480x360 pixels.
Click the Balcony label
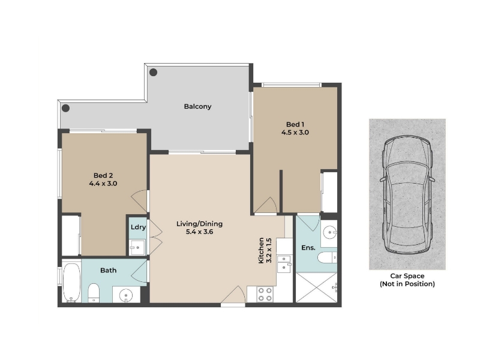click(x=197, y=107)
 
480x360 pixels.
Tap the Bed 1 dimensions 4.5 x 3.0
click(x=295, y=133)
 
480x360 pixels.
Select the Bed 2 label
click(x=103, y=175)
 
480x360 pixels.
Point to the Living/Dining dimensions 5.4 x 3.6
click(x=199, y=232)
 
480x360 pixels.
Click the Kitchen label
click(x=261, y=250)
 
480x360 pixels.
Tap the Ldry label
click(x=138, y=227)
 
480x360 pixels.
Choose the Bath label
click(x=109, y=271)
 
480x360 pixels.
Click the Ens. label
click(x=308, y=248)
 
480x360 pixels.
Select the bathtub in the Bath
click(x=71, y=282)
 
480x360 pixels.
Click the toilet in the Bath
click(x=94, y=293)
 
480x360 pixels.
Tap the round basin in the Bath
click(x=126, y=295)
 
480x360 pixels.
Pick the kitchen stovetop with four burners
click(x=265, y=294)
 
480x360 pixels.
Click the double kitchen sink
click(x=284, y=264)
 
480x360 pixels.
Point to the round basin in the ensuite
click(x=330, y=233)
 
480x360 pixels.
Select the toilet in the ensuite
click(x=327, y=258)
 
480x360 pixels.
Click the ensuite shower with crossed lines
click(x=317, y=287)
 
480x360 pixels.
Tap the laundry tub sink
click(x=137, y=247)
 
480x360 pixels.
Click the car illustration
click(x=407, y=194)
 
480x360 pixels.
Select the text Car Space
click(x=407, y=276)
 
